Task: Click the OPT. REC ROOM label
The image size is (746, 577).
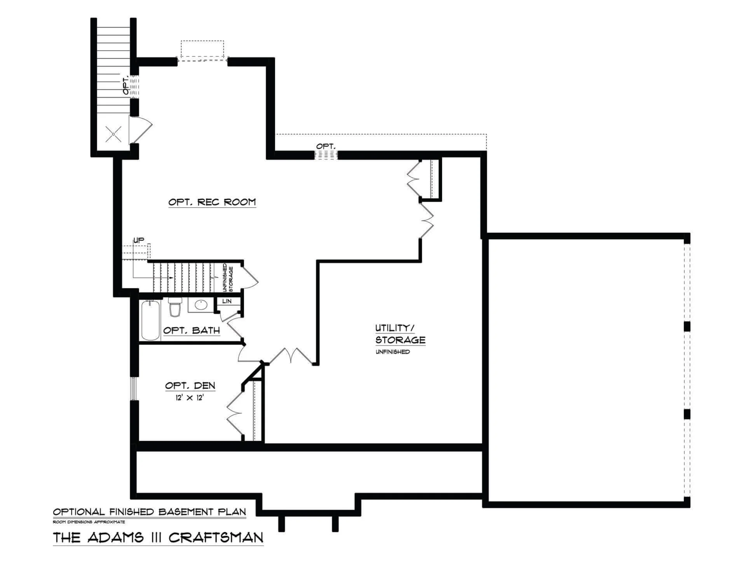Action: tap(212, 202)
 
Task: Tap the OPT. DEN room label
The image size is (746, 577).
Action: tap(190, 386)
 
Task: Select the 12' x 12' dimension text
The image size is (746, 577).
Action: tap(190, 398)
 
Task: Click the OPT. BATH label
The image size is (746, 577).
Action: tap(192, 330)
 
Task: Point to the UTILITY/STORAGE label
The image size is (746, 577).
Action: tap(400, 334)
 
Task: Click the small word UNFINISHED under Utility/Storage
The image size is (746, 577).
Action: tap(392, 352)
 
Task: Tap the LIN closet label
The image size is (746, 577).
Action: tap(227, 301)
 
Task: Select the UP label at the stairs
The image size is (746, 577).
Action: tap(139, 240)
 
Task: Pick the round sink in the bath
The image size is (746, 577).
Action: tap(201, 305)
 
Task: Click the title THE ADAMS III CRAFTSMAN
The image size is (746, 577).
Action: tap(158, 537)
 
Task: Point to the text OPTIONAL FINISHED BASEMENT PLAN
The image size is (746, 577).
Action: tap(150, 512)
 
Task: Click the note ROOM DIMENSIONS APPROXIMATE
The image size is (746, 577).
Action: tap(89, 522)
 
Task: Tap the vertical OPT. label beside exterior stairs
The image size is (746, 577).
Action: tap(126, 85)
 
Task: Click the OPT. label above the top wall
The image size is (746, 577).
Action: tap(326, 146)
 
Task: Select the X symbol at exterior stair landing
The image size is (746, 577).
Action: tap(113, 134)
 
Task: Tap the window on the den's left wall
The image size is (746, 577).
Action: tap(134, 388)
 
